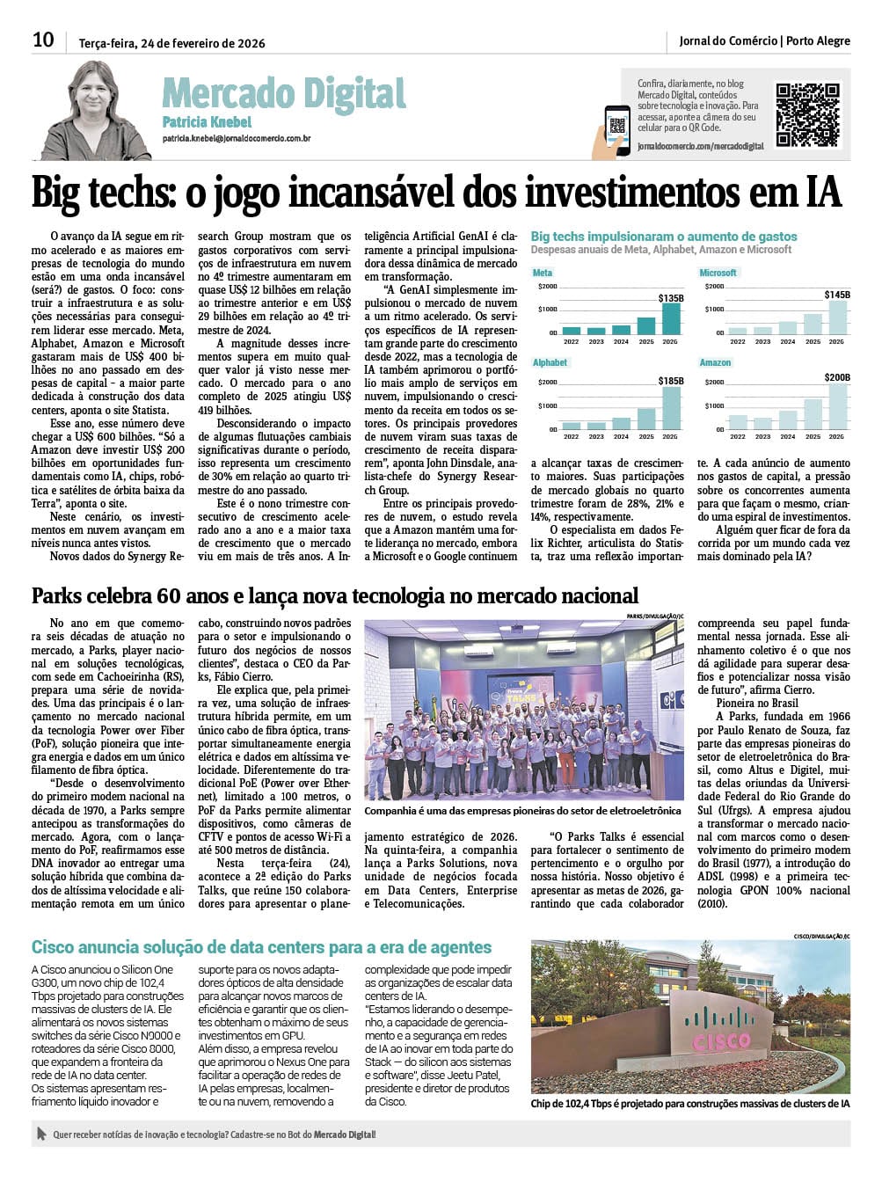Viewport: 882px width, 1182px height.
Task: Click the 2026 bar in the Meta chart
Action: [x=671, y=318]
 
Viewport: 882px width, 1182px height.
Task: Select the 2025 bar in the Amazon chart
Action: [x=813, y=414]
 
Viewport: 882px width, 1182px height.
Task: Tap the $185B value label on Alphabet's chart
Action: [x=671, y=381]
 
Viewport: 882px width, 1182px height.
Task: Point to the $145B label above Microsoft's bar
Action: [x=837, y=295]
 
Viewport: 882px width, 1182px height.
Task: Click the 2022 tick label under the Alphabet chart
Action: [x=572, y=436]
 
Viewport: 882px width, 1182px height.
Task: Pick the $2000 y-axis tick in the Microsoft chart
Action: [x=713, y=287]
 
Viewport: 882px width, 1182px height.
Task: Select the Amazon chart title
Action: [x=715, y=362]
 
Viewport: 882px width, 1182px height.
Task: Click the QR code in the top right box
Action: [x=807, y=115]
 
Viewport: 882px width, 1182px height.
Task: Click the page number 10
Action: [x=43, y=40]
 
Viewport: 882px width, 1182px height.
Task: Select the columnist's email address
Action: [x=236, y=139]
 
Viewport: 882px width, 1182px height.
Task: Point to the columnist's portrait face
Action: [x=95, y=98]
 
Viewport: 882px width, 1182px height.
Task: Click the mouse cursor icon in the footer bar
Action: [x=40, y=1135]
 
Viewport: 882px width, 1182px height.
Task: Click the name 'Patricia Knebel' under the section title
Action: [x=207, y=122]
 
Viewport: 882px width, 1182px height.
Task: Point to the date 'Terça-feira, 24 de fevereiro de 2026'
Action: [x=171, y=42]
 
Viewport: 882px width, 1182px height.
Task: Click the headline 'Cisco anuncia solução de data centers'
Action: [x=261, y=947]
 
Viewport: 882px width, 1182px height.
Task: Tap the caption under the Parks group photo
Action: [x=522, y=811]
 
